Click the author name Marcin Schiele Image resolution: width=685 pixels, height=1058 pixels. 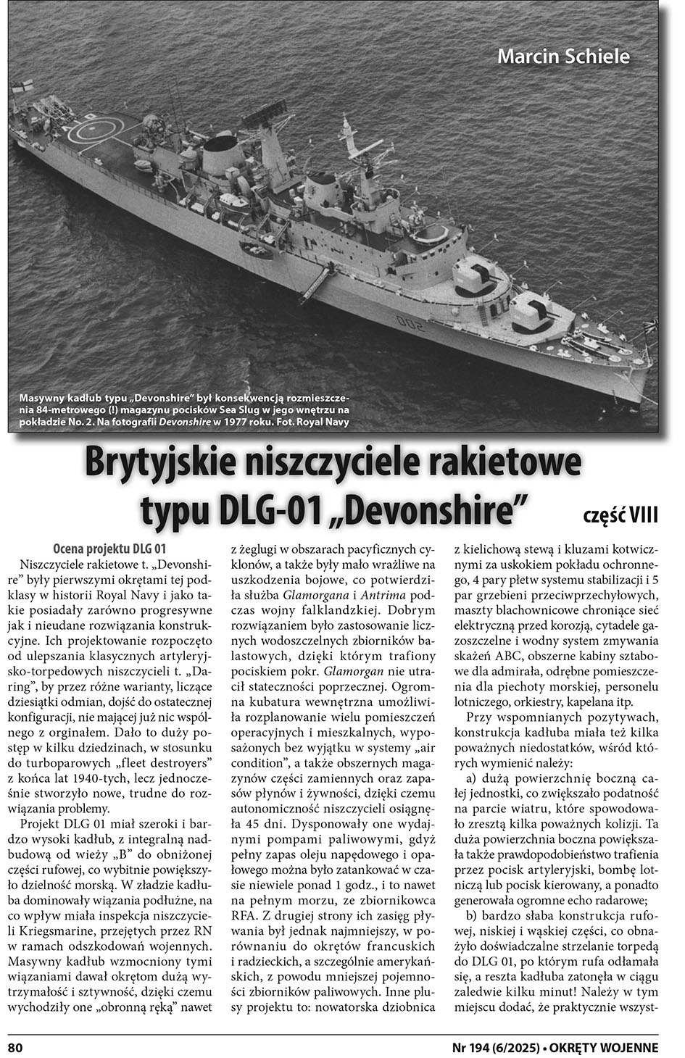click(563, 57)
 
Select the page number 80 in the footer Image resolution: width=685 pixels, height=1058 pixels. click(16, 1046)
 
